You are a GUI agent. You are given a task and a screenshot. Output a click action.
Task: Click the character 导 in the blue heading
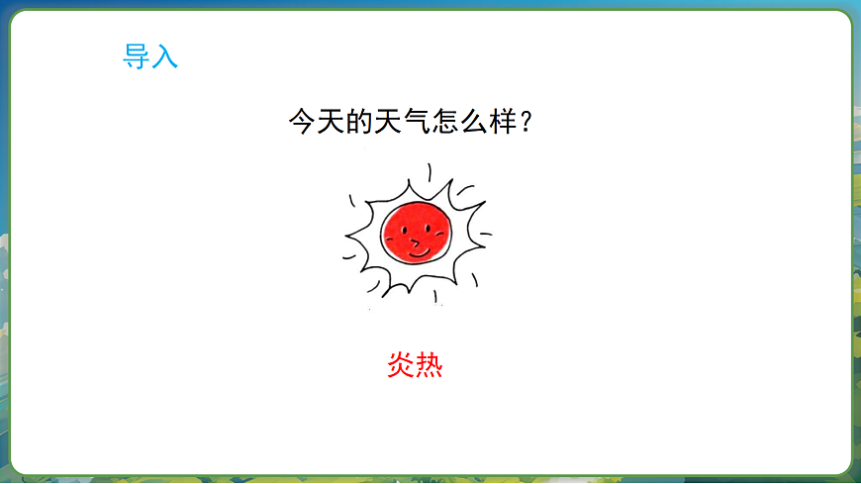click(x=136, y=57)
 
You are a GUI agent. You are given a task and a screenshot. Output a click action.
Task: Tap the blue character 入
click(x=165, y=57)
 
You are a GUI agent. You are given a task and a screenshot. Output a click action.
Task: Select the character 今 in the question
click(x=302, y=124)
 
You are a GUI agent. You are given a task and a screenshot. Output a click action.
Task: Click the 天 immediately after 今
click(x=333, y=124)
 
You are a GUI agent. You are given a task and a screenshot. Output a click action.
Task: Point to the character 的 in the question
click(x=364, y=124)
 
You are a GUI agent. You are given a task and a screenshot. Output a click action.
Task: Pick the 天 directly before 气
click(x=395, y=124)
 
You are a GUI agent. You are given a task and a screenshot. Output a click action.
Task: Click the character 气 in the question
click(x=427, y=124)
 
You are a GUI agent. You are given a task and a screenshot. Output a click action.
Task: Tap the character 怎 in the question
click(x=457, y=124)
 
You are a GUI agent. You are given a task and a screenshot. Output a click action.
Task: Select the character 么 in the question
click(x=489, y=124)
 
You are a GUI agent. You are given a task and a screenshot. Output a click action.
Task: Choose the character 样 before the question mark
click(x=520, y=124)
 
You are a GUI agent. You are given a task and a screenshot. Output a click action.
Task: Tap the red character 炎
click(x=400, y=366)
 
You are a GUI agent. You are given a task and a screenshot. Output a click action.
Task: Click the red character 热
click(x=429, y=366)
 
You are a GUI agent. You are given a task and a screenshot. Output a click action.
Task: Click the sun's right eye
click(x=429, y=225)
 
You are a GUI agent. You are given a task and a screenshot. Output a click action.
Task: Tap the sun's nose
click(x=417, y=239)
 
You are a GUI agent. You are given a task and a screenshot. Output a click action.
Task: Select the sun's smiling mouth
click(x=420, y=252)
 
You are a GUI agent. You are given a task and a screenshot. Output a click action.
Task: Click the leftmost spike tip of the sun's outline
click(x=345, y=238)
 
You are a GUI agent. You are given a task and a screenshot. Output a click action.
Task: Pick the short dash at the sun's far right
click(x=486, y=235)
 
